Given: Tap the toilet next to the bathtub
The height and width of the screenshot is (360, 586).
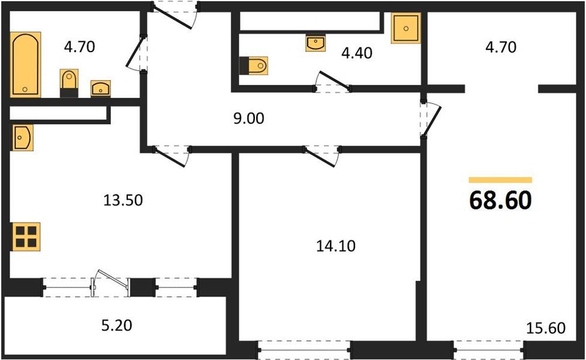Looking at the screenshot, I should [70, 82].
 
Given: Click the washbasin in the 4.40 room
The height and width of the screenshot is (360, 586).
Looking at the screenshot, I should [315, 43].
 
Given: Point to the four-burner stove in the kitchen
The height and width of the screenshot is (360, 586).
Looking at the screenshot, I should [26, 236].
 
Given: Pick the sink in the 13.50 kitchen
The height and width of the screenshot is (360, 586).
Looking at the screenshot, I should [22, 137].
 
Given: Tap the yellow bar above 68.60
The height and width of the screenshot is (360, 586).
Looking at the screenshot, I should [500, 180].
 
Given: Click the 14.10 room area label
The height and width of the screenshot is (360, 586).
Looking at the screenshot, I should [332, 245].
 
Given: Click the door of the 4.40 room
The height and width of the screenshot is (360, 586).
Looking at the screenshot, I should [333, 82].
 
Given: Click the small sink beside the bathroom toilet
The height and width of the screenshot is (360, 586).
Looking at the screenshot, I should [100, 89].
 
